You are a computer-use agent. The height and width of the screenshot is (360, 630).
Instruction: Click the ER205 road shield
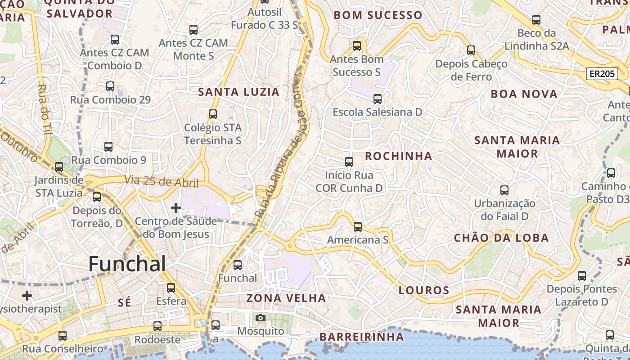tap(602, 74)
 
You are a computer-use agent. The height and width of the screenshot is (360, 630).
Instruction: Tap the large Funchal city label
tap(127, 264)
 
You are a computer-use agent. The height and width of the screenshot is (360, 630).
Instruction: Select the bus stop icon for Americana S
tap(358, 227)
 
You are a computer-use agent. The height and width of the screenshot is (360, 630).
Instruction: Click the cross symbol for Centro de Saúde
tap(176, 208)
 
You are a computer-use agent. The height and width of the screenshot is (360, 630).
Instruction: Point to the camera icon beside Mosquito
tap(260, 318)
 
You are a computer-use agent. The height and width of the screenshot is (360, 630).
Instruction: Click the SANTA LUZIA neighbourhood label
tap(239, 92)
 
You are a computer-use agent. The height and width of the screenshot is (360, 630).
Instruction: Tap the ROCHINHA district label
tap(398, 156)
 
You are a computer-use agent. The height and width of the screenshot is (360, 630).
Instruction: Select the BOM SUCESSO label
tap(378, 15)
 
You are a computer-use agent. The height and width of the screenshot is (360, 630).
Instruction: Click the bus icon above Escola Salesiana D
tap(378, 99)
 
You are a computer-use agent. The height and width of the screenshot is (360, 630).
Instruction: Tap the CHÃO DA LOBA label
tap(501, 238)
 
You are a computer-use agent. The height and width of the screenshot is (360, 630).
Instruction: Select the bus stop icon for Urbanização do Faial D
tap(504, 190)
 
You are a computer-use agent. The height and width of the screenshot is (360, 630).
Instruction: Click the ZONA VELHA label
tap(286, 298)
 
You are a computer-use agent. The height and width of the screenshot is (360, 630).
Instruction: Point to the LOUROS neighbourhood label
tap(424, 290)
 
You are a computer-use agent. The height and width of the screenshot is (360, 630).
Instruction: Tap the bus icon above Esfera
tap(171, 288)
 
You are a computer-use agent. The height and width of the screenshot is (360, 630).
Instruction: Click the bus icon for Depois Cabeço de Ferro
tap(471, 50)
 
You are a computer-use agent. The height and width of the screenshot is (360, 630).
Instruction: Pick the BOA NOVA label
tap(524, 94)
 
